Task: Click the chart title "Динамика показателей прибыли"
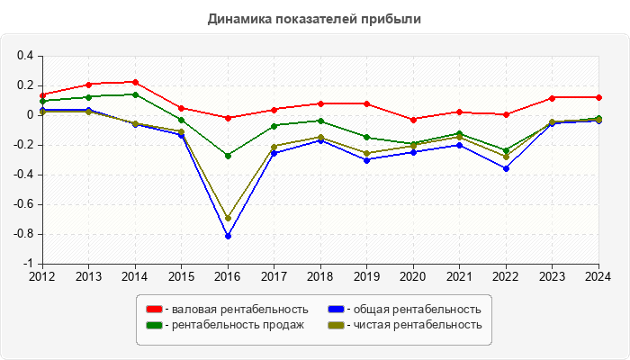point(314,19)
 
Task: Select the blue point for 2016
point(228,236)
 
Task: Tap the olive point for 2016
point(228,218)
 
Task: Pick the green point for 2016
point(228,156)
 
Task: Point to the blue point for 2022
point(507,168)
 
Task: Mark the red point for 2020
point(414,119)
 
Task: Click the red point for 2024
point(599,97)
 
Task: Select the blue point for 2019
point(367,159)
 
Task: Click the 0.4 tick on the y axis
point(25,56)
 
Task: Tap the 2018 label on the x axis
point(320,275)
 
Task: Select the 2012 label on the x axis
point(42,275)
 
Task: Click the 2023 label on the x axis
point(553,275)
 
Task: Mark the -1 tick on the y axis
point(29,265)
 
